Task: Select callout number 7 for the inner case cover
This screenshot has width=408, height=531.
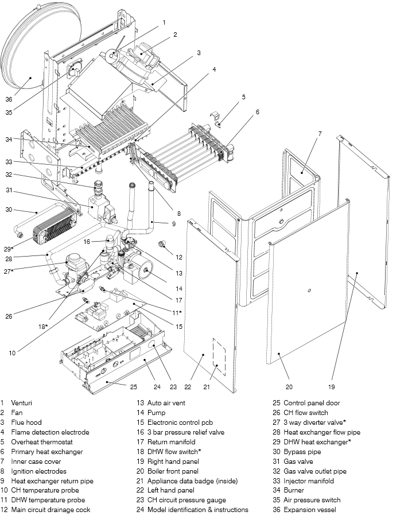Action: pyautogui.click(x=320, y=134)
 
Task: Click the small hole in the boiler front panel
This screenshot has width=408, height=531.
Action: pyautogui.click(x=309, y=291)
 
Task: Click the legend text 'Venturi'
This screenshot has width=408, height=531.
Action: pyautogui.click(x=22, y=403)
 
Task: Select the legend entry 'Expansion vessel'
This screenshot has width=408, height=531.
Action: pyautogui.click(x=310, y=510)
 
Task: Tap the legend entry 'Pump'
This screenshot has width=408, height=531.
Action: pyautogui.click(x=157, y=413)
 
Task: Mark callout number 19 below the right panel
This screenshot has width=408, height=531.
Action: pyautogui.click(x=331, y=386)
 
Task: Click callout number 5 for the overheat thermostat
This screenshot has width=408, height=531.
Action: pyautogui.click(x=243, y=98)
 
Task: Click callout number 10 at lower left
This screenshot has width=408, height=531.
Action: pyautogui.click(x=12, y=353)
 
